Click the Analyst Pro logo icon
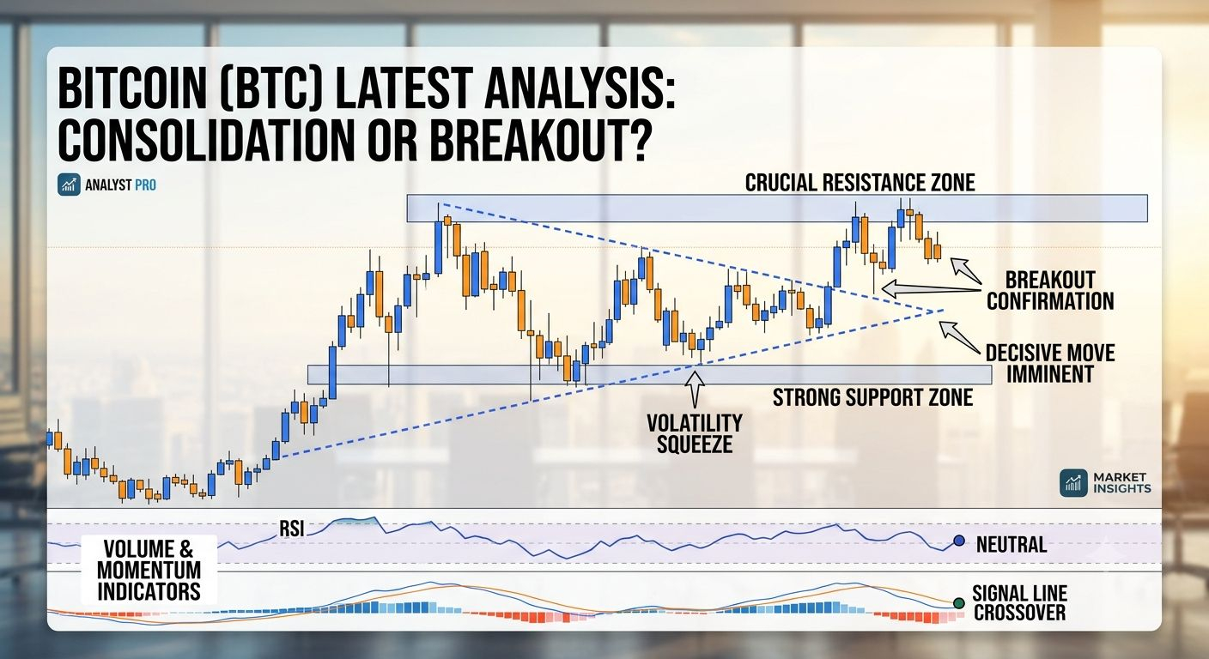coord(69,185)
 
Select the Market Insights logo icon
coord(1073,482)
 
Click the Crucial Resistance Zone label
coord(860,182)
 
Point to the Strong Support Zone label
coord(872,397)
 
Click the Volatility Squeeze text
coord(695,433)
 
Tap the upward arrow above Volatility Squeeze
coord(695,389)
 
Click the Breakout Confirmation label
coord(1050,291)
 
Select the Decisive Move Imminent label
coord(1050,364)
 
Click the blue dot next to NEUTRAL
coord(958,541)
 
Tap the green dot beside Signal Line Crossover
coord(958,603)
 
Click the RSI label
coord(291,529)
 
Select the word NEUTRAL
coord(1012,545)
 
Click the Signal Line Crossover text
coord(1019,603)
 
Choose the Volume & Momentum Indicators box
coord(149,570)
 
